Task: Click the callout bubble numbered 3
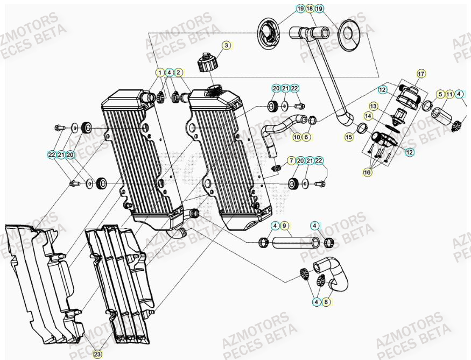(227, 46)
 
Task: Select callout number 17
(421, 73)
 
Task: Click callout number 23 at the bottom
(97, 354)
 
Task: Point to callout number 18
(310, 9)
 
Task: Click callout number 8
(326, 302)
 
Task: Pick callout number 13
(374, 105)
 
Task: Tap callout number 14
(368, 115)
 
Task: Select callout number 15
(349, 138)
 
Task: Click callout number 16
(368, 172)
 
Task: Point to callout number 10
(297, 137)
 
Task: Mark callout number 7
(291, 161)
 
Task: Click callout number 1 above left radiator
(159, 72)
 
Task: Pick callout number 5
(440, 95)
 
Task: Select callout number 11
(449, 95)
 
